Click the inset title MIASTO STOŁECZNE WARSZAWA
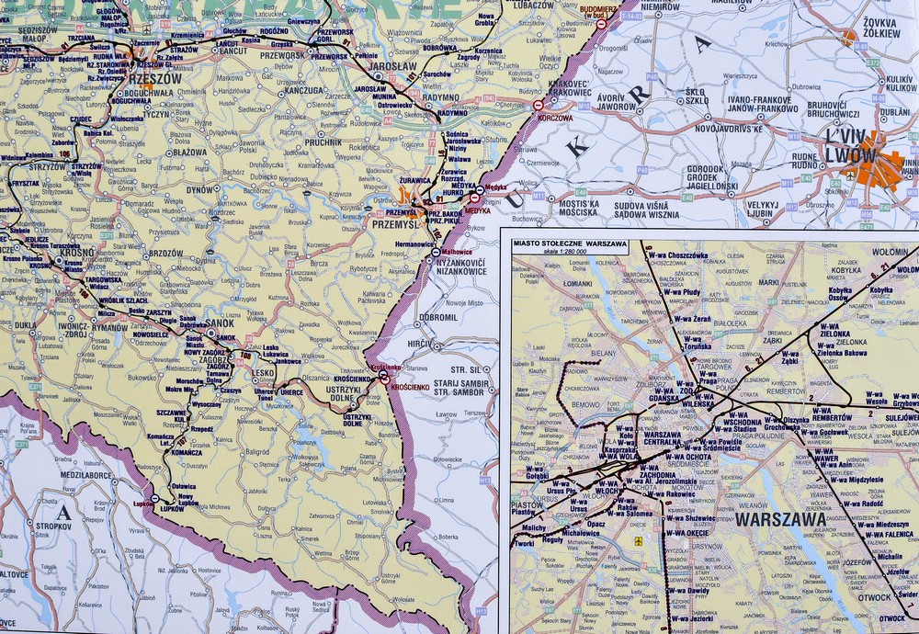[569, 244]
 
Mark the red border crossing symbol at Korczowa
[539, 106]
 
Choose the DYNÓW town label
[200, 189]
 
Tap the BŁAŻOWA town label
[189, 153]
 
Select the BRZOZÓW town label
[166, 253]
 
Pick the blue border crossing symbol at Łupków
[154, 499]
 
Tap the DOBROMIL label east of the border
[437, 318]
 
